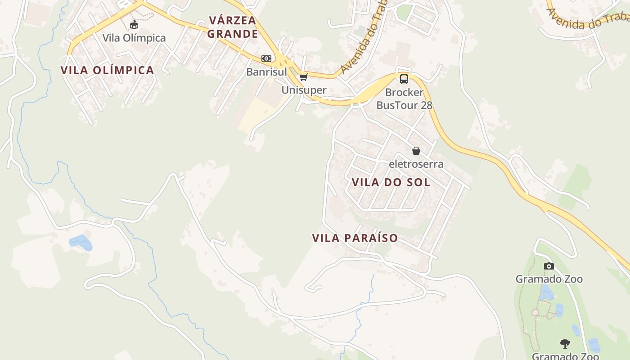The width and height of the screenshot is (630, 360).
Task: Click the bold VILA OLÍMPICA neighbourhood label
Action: click(107, 70)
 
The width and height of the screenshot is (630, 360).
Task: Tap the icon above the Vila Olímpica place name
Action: click(134, 24)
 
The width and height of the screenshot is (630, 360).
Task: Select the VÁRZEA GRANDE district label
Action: click(232, 27)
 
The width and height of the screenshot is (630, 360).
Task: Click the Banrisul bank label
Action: click(266, 72)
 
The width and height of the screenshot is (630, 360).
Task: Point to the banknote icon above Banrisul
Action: click(266, 58)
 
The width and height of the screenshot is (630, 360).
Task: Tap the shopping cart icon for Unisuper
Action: click(304, 77)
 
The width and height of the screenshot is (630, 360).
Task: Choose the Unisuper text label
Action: click(304, 90)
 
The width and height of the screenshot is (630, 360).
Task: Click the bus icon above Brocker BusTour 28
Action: click(404, 79)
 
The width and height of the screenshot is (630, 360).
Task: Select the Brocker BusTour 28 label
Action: click(404, 99)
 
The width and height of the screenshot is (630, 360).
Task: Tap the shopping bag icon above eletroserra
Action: click(416, 151)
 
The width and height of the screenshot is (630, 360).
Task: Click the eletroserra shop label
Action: click(416, 164)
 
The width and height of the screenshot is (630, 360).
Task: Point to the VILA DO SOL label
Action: click(391, 182)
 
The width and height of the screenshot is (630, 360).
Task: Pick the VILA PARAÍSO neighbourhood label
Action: click(355, 238)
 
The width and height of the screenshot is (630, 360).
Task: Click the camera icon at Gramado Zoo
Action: click(549, 266)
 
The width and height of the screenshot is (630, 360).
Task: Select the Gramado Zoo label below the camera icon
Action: click(549, 279)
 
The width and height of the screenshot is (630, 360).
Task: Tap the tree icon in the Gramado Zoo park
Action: click(565, 344)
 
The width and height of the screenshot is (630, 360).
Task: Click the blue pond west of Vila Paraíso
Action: click(81, 242)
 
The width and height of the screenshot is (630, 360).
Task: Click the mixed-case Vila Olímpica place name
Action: click(134, 38)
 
